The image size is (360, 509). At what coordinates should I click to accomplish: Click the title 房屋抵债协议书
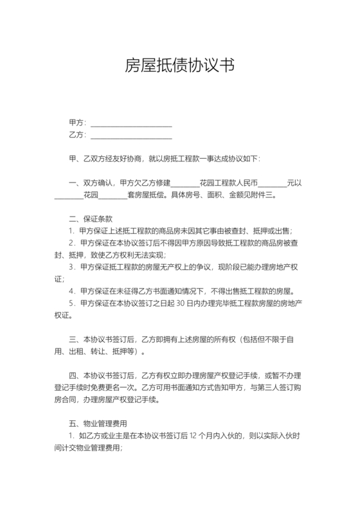pos(179,66)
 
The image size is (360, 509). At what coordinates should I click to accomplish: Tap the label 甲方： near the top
pos(77,122)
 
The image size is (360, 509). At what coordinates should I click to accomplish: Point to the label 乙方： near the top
pos(77,134)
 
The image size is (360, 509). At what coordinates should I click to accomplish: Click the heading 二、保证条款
pos(91,219)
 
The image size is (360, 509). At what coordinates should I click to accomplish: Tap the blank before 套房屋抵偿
pos(114,196)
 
